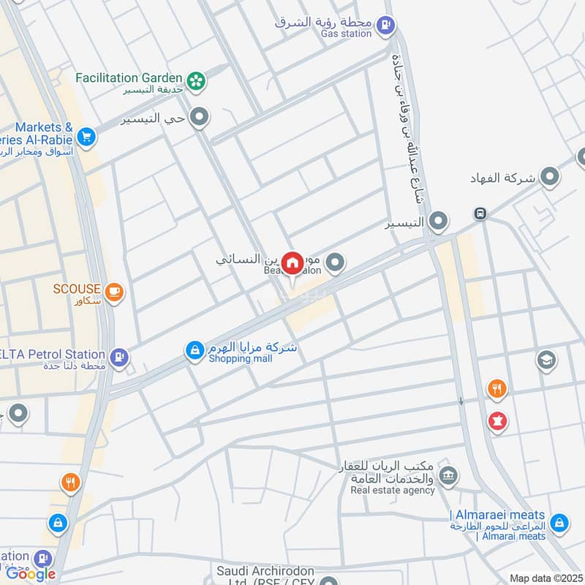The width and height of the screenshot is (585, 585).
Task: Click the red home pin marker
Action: click(x=292, y=263)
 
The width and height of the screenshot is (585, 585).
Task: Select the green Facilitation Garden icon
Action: click(x=195, y=81)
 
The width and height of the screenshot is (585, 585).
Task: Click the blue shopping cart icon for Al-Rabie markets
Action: click(x=86, y=136)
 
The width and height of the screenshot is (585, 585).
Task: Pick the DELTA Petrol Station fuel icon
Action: click(x=118, y=358)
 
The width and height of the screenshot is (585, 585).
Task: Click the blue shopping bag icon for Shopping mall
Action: click(x=194, y=352)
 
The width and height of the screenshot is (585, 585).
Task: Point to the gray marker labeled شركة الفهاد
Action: click(x=549, y=177)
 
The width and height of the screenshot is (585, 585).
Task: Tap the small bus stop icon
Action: click(x=480, y=214)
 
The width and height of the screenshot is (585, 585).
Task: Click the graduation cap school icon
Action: click(x=546, y=359)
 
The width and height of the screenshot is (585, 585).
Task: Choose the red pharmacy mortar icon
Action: click(x=497, y=421)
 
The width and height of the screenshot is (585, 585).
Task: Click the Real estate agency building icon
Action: click(x=448, y=475)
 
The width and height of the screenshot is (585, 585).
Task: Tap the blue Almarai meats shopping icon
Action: click(x=559, y=522)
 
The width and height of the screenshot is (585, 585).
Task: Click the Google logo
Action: click(x=31, y=574)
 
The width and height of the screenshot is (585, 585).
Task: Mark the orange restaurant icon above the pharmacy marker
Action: click(x=497, y=389)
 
